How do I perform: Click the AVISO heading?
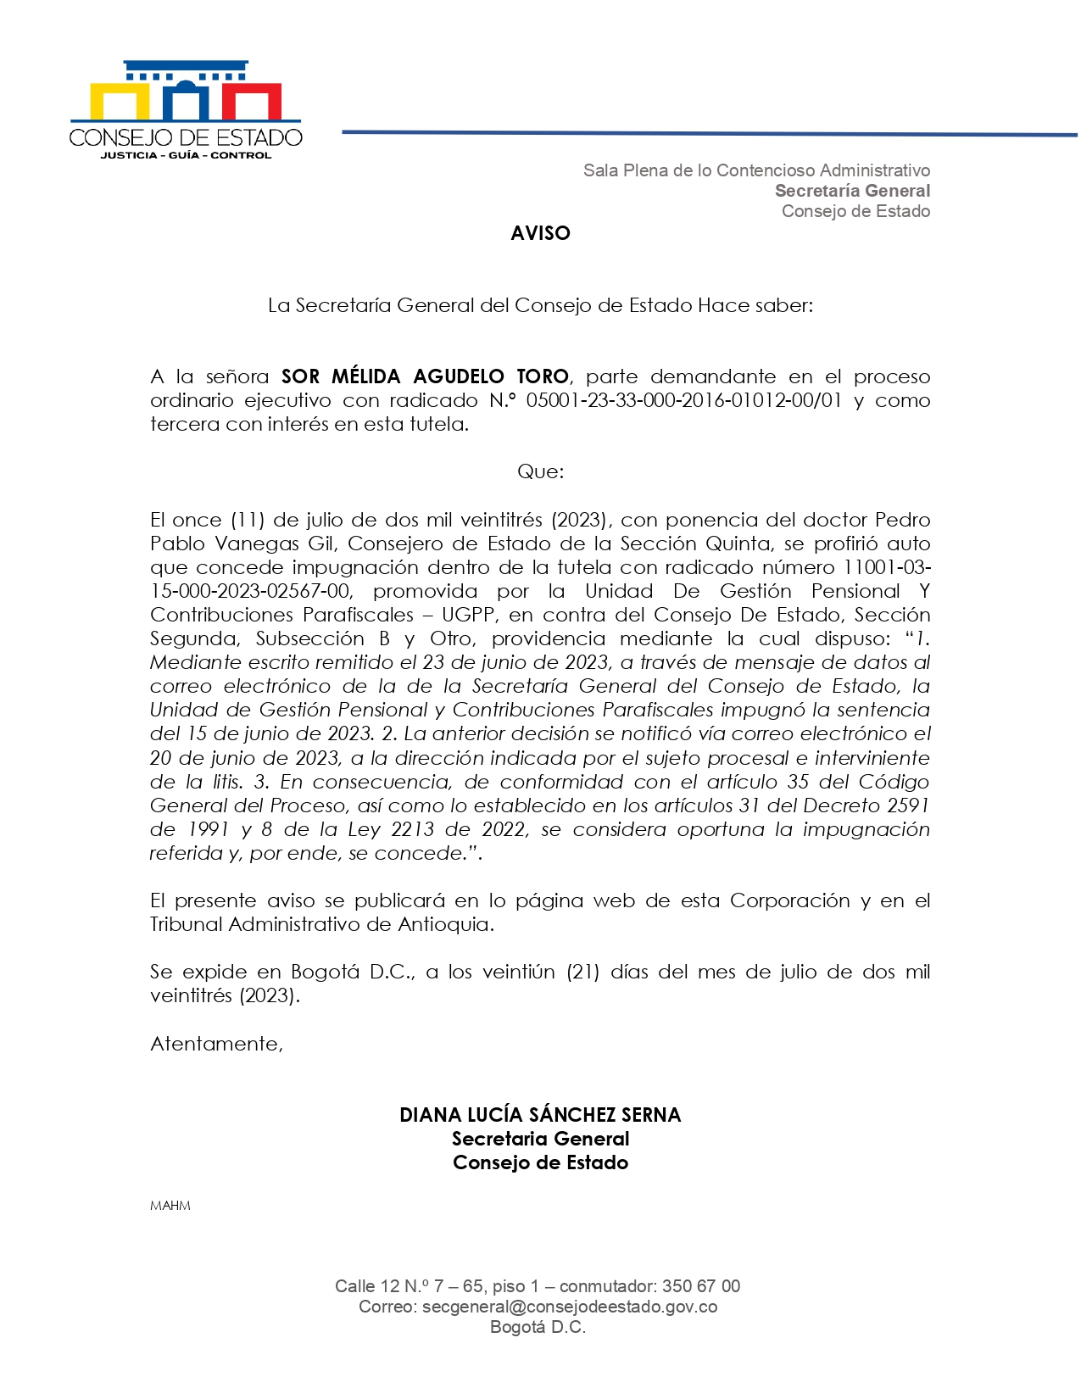[540, 233]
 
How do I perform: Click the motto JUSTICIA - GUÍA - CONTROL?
[186, 155]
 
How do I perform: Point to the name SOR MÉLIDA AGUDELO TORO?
[425, 376]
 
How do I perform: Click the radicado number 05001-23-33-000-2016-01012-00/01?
[683, 400]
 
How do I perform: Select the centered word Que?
[540, 471]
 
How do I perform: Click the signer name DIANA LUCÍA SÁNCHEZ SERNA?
[540, 1115]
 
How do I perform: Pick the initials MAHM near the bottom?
[170, 1206]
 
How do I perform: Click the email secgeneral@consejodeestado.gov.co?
[570, 1307]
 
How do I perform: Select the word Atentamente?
[216, 1044]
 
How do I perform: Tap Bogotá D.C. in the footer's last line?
[538, 1327]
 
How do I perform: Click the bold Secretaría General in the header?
[852, 191]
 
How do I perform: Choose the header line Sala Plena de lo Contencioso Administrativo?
[756, 170]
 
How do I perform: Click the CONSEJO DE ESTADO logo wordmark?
[186, 137]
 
